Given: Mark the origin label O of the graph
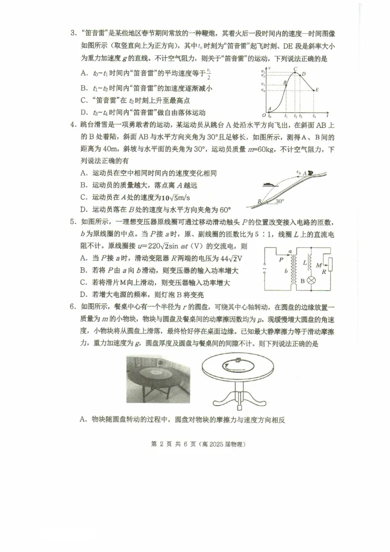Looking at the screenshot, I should pyautogui.click(x=264, y=115).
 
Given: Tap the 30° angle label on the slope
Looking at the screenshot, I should pyautogui.click(x=278, y=201).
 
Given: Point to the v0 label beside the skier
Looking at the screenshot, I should pyautogui.click(x=298, y=171).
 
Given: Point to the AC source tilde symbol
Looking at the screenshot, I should pyautogui.click(x=265, y=268).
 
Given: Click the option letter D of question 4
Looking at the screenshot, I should pyautogui.click(x=84, y=210).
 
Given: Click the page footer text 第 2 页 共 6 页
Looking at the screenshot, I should pyautogui.click(x=174, y=444).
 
